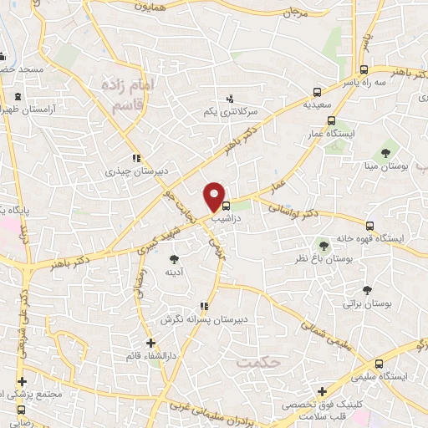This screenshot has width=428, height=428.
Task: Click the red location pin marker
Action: tap(215, 196)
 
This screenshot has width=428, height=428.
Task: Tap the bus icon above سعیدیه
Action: tap(317, 93)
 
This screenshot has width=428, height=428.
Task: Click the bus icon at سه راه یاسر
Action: tap(364, 70)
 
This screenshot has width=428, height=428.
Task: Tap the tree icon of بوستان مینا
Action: tap(386, 153)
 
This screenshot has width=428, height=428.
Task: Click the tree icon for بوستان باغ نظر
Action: tap(324, 245)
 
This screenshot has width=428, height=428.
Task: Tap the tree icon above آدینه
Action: tap(174, 260)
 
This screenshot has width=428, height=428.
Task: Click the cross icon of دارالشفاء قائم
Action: tap(150, 343)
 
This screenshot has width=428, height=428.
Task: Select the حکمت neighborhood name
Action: tap(254, 364)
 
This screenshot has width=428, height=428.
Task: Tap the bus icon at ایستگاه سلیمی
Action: tap(380, 364)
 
